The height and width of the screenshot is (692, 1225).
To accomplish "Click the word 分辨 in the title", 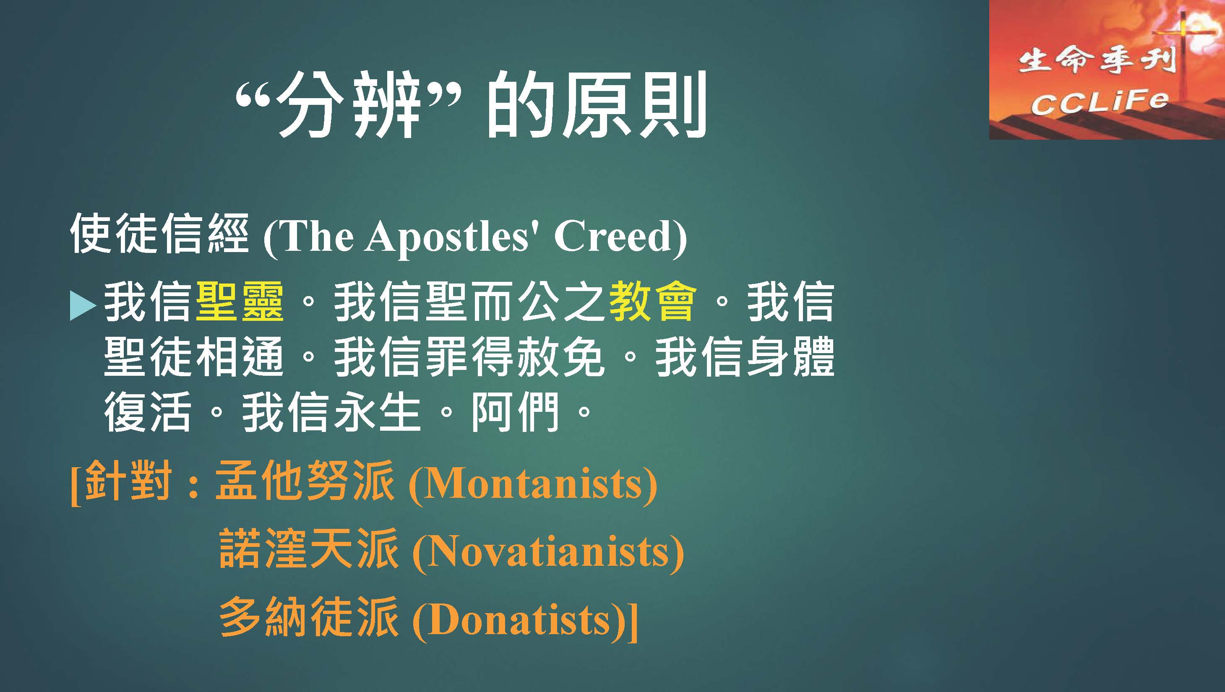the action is pos(349,106).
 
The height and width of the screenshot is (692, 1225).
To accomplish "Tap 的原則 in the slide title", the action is pos(596,106).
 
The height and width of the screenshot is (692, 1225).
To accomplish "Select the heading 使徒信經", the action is pos(159,234).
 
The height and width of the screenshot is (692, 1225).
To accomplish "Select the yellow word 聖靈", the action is pos(240,302).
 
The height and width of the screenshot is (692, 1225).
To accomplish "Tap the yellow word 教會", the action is pos(652,302).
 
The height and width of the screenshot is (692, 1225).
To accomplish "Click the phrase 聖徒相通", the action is pos(193,357).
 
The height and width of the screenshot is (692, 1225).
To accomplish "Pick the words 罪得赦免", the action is pos(516,357).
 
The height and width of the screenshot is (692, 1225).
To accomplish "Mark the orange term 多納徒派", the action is pos(309,617).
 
